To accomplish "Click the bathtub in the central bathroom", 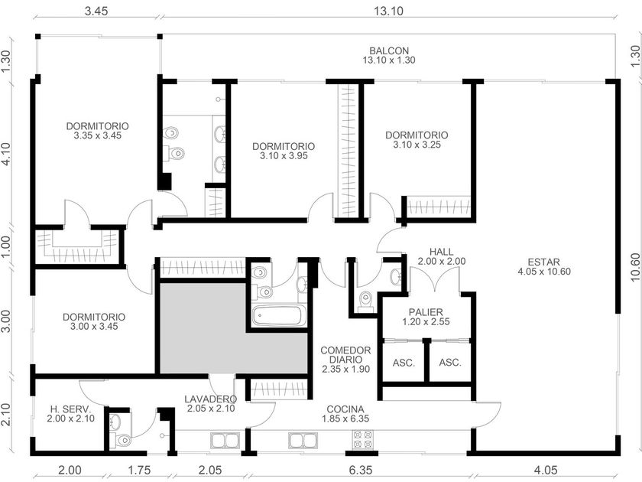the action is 279,315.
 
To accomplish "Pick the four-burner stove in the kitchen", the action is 363,439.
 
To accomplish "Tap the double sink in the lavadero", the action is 225,441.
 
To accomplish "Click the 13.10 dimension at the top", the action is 387,11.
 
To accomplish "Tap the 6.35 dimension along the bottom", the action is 361,470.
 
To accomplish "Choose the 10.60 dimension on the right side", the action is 635,267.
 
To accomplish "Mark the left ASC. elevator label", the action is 404,363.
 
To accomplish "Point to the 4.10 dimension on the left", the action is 6,154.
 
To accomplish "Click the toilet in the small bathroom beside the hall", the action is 364,300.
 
